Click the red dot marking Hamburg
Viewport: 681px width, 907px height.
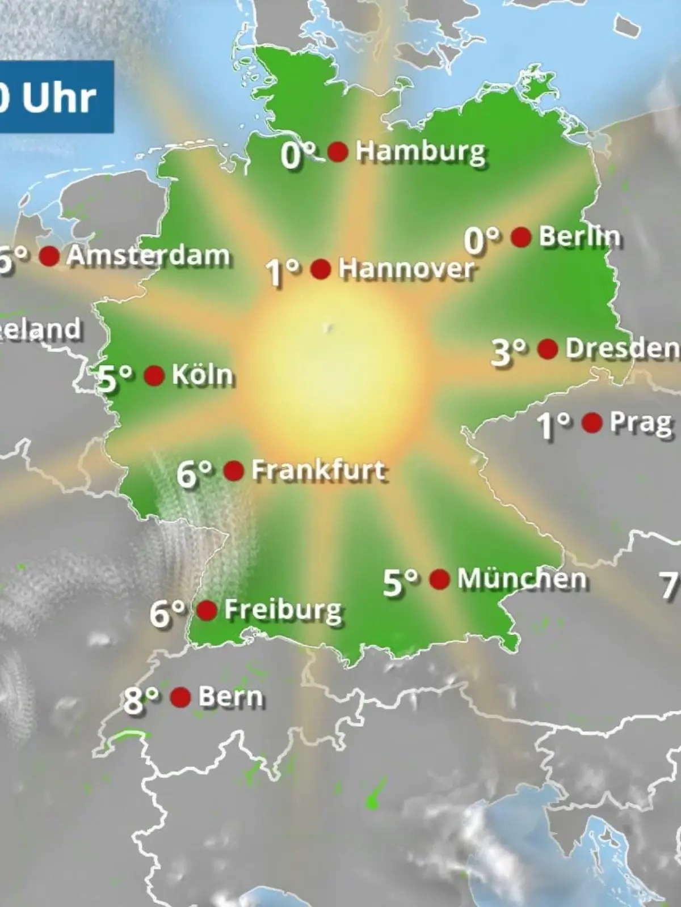coord(338,152)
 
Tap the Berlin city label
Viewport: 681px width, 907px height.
coord(579,236)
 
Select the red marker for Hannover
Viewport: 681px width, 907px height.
coord(321,269)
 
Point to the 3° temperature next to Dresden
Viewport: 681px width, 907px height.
coord(508,352)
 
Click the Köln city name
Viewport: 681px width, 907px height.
coord(202,375)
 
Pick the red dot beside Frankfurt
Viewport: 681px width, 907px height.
coord(234,471)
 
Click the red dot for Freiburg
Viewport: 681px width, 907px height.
coord(207,611)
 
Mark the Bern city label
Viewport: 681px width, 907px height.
coord(231,697)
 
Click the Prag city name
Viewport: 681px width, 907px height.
coord(641,423)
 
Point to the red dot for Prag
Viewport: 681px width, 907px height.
coord(592,423)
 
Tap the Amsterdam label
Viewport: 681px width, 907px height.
coord(148,256)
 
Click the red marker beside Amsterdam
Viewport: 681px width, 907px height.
coord(49,256)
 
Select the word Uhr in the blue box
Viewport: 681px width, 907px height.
coord(59,98)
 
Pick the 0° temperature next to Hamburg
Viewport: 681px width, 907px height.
coord(298,155)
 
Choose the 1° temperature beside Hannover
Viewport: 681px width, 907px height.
coord(282,273)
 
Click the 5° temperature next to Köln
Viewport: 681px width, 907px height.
coord(115,378)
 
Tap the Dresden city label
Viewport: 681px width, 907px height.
coord(622,349)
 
